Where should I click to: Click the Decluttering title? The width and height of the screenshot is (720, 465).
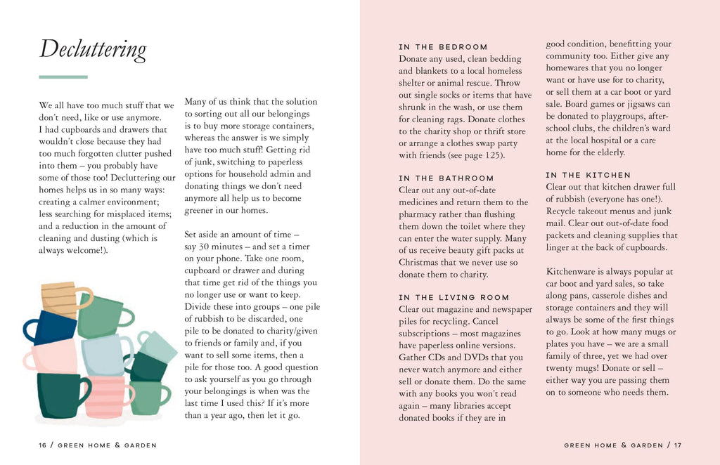[93, 49]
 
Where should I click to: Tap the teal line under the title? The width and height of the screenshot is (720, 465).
[63, 77]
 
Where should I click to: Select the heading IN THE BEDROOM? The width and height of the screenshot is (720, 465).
[443, 47]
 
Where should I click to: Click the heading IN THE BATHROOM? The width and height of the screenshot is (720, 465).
[446, 178]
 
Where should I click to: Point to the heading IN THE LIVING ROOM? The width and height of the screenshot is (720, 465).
[454, 297]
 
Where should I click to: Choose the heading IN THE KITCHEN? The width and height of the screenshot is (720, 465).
[589, 175]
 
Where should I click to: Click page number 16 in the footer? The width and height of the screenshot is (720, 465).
[44, 445]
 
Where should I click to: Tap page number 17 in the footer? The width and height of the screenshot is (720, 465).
[677, 445]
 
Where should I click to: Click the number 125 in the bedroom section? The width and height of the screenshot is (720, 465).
[487, 155]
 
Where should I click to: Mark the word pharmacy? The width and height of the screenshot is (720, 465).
[420, 214]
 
